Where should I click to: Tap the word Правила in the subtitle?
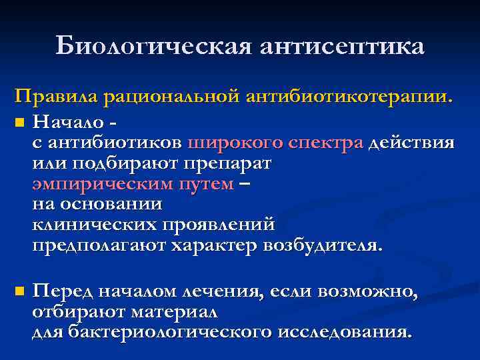[x=58, y=97]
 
